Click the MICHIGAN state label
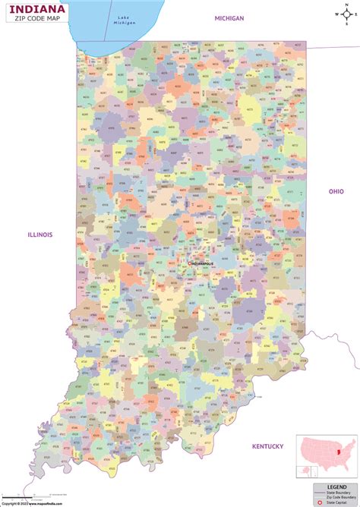click(229, 17)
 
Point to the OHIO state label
click(335, 191)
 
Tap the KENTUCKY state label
click(267, 446)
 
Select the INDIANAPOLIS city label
click(201, 263)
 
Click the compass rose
click(345, 13)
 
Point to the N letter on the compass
click(345, 5)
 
